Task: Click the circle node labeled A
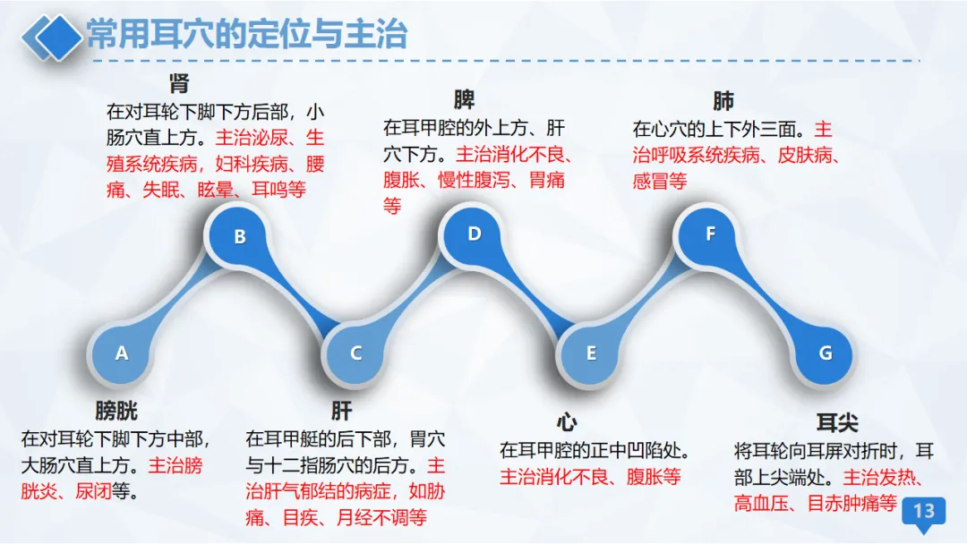point(122,353)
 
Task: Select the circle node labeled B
point(240,237)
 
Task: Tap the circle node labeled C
point(356,353)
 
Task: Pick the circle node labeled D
point(475,234)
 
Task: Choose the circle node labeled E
point(591,353)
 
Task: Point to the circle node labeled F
point(711,234)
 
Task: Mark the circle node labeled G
point(826,353)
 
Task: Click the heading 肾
point(179,84)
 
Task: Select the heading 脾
point(464,98)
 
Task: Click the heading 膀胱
point(116,412)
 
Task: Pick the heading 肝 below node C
point(341,412)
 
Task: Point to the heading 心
point(566,422)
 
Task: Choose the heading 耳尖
point(837,422)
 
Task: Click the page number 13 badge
point(923,512)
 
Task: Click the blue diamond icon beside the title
point(53,36)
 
